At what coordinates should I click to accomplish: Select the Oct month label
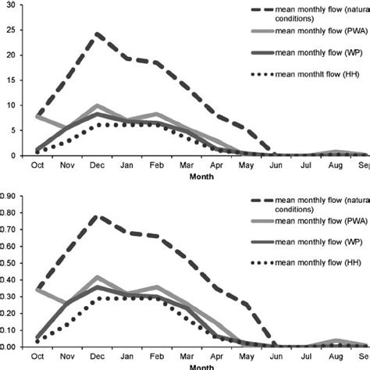point(37,165)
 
